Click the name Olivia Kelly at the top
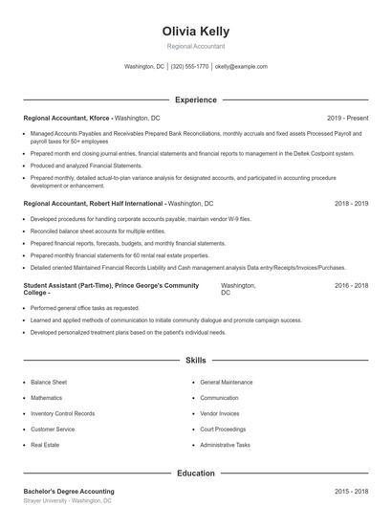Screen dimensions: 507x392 pos(195,32)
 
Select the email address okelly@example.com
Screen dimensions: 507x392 pos(241,67)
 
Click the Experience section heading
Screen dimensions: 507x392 pos(195,99)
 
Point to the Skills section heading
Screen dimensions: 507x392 pos(195,361)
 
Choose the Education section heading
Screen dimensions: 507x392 pos(195,473)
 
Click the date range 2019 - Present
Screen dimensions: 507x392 pos(347,118)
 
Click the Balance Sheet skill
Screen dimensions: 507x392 pos(48,382)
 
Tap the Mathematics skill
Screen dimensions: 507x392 pos(46,398)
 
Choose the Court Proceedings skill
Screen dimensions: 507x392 pos(223,430)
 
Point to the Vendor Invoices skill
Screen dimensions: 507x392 pos(220,413)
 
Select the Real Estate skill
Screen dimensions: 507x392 pos(45,445)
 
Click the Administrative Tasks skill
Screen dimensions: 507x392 pos(225,445)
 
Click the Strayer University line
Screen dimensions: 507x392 pos(67,500)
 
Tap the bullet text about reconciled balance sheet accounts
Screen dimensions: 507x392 pos(84,231)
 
